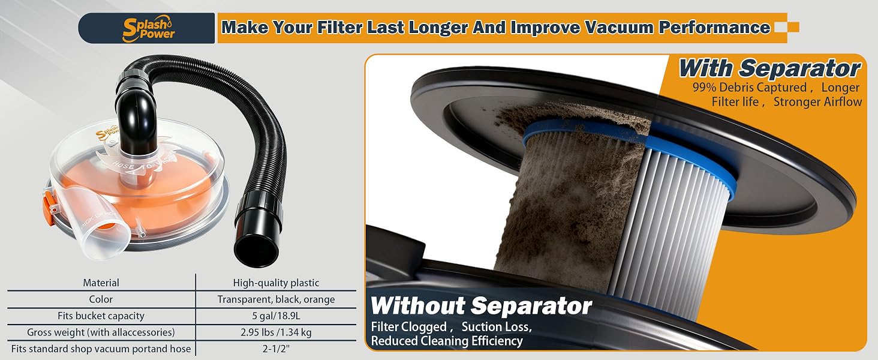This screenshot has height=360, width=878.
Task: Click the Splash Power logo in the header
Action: tap(149, 29)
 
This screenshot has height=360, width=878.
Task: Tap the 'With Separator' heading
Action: tap(769, 68)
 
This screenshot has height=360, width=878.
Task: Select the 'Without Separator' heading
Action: tap(481, 306)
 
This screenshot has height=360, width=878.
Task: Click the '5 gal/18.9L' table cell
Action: tap(276, 316)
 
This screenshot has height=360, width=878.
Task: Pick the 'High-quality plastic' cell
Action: tap(276, 283)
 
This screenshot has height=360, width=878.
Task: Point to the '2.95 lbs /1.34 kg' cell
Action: tap(276, 332)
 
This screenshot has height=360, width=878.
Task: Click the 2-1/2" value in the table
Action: tap(276, 349)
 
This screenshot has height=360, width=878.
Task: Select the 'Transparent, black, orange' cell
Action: tap(276, 299)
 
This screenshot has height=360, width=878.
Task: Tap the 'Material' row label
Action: tap(101, 283)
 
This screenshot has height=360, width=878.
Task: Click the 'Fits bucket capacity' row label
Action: tap(101, 316)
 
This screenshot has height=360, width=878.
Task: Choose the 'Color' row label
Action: tap(101, 299)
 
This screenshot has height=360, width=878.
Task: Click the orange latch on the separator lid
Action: tap(49, 206)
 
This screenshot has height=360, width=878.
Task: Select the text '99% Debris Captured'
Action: tap(750, 88)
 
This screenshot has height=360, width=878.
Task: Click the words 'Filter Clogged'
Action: tap(409, 327)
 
